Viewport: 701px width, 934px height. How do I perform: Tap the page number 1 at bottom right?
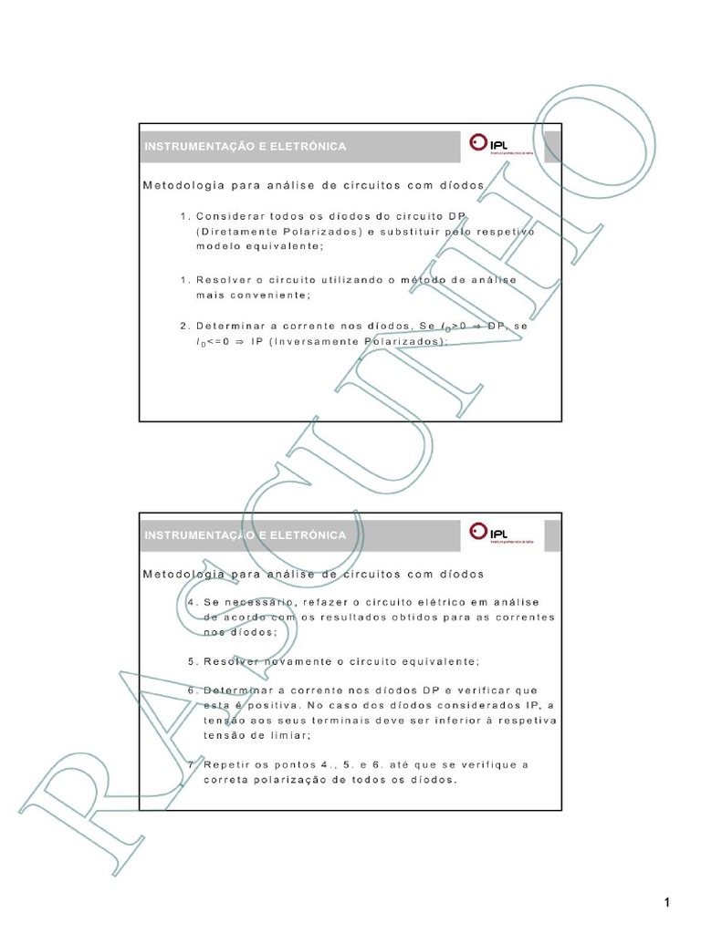pyautogui.click(x=668, y=903)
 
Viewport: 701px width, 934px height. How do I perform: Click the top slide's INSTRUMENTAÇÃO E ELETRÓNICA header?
pyautogui.click(x=245, y=147)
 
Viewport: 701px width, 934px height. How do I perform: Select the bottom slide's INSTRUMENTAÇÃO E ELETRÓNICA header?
pyautogui.click(x=245, y=535)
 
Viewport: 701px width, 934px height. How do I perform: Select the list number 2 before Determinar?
pyautogui.click(x=184, y=326)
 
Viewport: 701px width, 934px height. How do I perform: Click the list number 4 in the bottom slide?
pyautogui.click(x=190, y=603)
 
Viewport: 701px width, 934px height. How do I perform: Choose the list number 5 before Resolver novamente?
pyautogui.click(x=190, y=661)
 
